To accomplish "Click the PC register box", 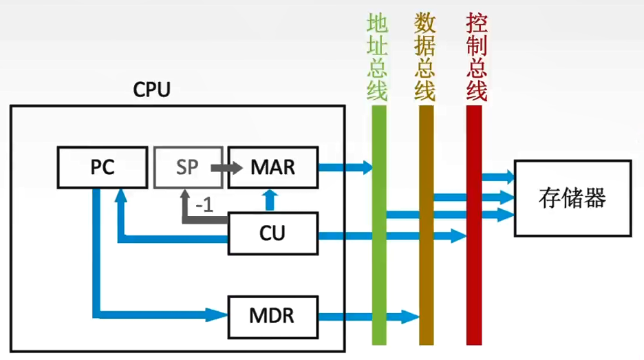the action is (x=103, y=167).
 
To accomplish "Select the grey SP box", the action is (x=188, y=167).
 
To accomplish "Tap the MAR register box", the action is (x=273, y=167).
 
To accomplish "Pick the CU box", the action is (x=273, y=233).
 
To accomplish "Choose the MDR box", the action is (x=273, y=317).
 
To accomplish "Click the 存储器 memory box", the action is (x=573, y=198).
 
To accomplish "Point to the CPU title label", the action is (x=151, y=89).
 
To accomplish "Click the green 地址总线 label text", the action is (x=377, y=56).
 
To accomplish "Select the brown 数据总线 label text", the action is (x=425, y=56).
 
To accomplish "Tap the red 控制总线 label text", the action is (x=476, y=56).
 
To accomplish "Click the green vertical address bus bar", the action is (x=379, y=225).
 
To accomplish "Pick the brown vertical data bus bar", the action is (x=427, y=225).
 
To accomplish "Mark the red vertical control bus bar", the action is (x=474, y=225).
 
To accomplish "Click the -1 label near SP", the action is (x=204, y=204).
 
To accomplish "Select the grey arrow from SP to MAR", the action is (x=227, y=167).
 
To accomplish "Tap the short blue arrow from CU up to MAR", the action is (x=270, y=200).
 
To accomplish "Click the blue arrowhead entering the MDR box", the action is (x=217, y=315).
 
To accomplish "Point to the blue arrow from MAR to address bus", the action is (x=345, y=167).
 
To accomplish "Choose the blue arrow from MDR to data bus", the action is (x=369, y=317).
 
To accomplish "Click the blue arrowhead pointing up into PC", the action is (x=121, y=195).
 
